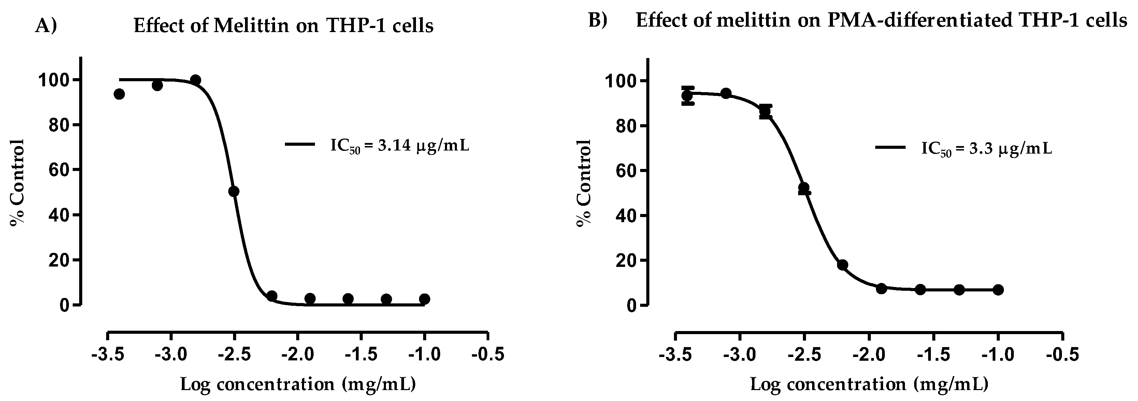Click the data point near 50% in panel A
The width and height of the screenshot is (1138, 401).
(234, 191)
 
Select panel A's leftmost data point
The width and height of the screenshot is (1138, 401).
(119, 94)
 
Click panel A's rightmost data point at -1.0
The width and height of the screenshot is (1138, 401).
(424, 299)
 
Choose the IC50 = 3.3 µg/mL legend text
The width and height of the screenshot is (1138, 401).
(986, 149)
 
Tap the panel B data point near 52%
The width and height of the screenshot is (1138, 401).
(804, 188)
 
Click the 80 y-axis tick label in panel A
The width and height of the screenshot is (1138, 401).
(58, 125)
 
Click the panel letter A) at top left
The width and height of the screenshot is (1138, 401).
(46, 26)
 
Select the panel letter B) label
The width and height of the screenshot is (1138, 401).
(598, 20)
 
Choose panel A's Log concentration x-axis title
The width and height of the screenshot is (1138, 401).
(298, 384)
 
